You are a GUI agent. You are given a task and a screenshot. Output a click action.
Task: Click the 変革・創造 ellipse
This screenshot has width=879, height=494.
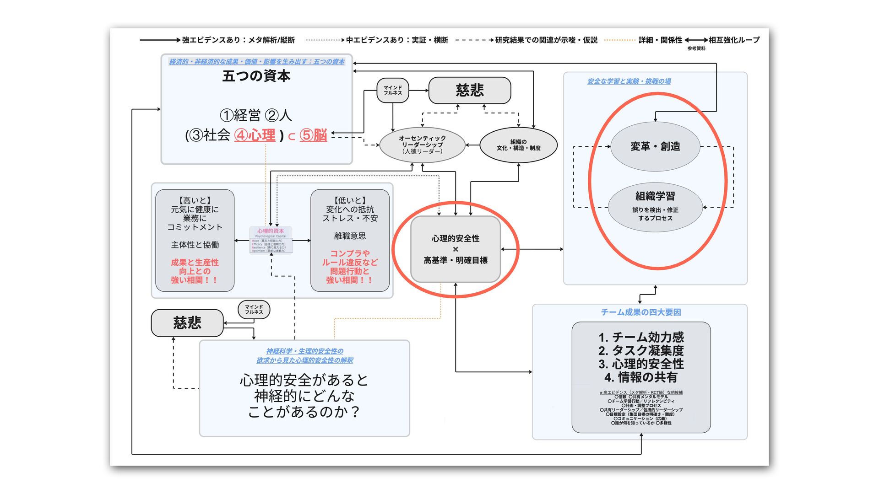coord(655,146)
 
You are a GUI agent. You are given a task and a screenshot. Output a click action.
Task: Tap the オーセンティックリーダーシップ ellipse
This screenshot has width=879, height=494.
coord(422,145)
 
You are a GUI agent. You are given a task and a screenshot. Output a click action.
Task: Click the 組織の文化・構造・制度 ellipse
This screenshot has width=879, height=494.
coord(518,145)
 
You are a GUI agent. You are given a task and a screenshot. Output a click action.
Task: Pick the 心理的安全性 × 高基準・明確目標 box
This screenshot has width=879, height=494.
coord(456,249)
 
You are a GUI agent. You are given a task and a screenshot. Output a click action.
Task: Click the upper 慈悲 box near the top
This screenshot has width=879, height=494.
coord(470,90)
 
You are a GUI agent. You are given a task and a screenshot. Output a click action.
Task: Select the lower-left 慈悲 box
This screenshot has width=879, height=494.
coord(187,323)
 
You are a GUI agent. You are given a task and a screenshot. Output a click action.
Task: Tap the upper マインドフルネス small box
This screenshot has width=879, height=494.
coord(393,90)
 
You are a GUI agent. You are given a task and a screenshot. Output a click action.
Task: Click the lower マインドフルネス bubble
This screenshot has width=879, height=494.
coord(254,310)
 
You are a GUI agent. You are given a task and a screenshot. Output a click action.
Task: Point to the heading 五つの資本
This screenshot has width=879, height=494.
coord(256,76)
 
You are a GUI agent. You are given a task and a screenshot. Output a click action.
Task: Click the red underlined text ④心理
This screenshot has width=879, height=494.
coord(255,135)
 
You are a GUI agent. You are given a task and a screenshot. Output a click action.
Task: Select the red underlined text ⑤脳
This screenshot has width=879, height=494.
coord(314,135)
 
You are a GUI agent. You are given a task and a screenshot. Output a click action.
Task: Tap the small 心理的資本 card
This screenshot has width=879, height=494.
coord(271,240)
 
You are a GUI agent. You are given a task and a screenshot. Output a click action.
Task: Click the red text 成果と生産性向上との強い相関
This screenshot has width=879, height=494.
coord(195,271)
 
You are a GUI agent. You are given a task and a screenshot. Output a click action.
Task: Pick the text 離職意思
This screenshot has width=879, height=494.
coord(350,236)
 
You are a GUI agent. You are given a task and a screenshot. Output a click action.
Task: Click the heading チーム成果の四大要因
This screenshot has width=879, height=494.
coord(641,312)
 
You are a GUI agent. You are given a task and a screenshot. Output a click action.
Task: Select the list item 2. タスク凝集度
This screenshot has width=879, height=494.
coord(641,351)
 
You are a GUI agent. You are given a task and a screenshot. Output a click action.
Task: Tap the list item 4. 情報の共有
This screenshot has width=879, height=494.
coord(641,377)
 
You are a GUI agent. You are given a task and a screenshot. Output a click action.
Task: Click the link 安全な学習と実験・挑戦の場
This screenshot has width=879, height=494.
coord(629,81)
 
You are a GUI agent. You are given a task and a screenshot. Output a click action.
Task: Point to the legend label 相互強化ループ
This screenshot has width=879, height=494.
coord(734,40)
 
